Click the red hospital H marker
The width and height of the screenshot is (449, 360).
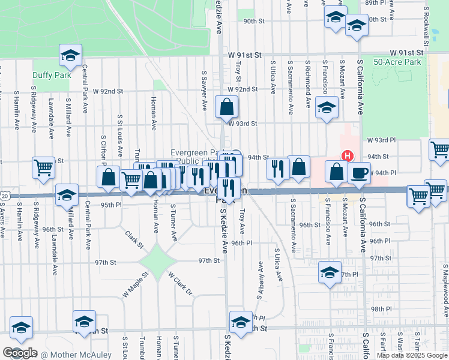(x=346, y=156)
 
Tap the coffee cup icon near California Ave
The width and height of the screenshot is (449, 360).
(x=359, y=172)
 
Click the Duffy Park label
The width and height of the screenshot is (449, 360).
(x=52, y=75)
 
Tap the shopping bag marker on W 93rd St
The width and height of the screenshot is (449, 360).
(x=227, y=108)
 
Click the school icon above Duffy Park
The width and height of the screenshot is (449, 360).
(x=70, y=56)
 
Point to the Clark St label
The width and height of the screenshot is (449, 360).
(x=134, y=239)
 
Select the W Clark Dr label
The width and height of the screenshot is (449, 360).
(x=180, y=284)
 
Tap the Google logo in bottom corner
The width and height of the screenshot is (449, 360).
(x=19, y=353)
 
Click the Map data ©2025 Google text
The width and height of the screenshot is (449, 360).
(x=412, y=355)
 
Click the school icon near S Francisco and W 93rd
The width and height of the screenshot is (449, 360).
(x=327, y=107)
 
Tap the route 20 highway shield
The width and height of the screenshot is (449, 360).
(x=4, y=196)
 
